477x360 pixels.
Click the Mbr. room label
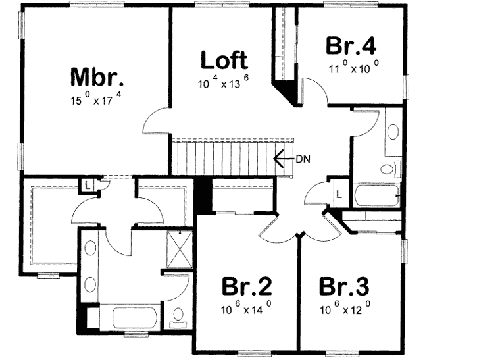tap(97, 78)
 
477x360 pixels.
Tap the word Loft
tap(224, 61)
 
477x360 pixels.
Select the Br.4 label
tap(351, 46)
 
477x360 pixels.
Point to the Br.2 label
tap(247, 288)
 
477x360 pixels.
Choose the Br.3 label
tap(344, 288)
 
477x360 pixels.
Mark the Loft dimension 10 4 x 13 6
tap(224, 84)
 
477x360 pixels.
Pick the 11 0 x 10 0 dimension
tap(354, 68)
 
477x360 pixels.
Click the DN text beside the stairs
tap(303, 158)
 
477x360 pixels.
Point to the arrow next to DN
tap(283, 158)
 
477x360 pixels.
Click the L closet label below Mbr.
tap(87, 185)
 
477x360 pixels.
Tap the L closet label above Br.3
tap(339, 194)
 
